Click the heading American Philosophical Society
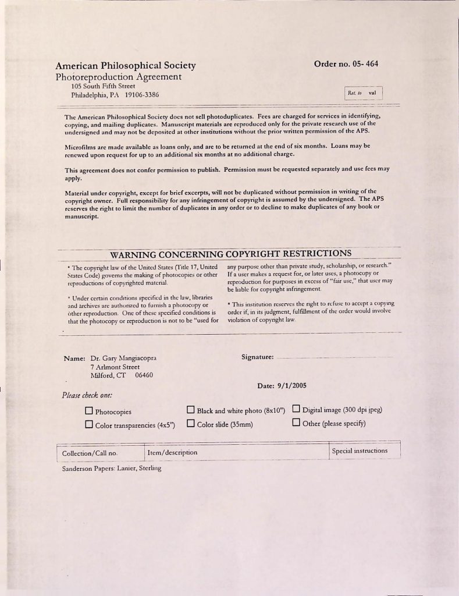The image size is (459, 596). [x=126, y=66]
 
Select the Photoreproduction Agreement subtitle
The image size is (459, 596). [x=119, y=77]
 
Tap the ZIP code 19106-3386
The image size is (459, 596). [x=142, y=95]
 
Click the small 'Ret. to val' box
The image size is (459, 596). [x=363, y=93]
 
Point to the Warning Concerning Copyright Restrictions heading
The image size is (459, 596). [x=230, y=254]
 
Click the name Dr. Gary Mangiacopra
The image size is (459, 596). [x=123, y=358]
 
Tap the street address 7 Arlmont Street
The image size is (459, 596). [x=115, y=367]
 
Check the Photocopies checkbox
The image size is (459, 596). [x=89, y=411]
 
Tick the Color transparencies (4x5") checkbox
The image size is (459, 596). [x=89, y=424]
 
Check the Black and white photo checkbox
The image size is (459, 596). [x=191, y=410]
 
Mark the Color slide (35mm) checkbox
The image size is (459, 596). [x=191, y=423]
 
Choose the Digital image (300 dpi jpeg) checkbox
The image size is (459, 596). [x=296, y=409]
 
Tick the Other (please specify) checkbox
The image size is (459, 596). [x=296, y=423]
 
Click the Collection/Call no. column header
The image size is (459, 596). [x=90, y=453]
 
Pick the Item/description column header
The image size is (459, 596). [x=172, y=452]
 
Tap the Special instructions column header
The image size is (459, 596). [x=359, y=450]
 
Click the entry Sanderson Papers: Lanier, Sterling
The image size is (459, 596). [x=111, y=469]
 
